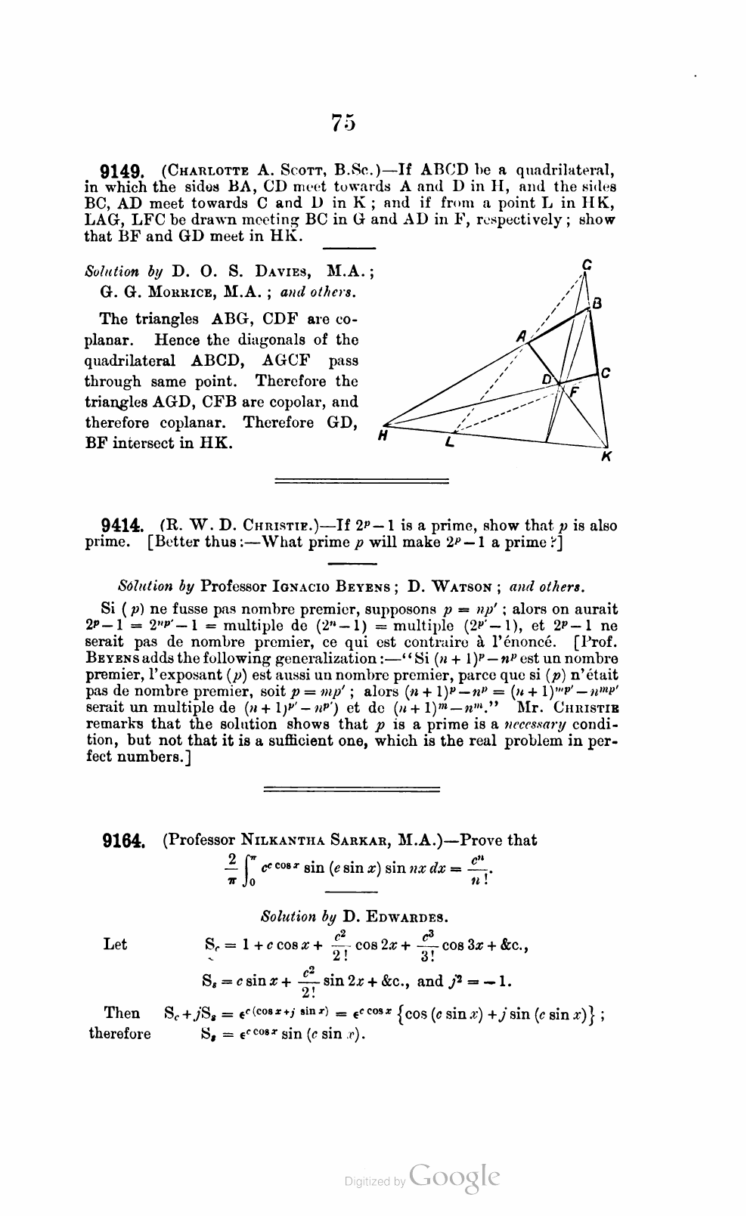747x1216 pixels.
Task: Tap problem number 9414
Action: click(x=122, y=527)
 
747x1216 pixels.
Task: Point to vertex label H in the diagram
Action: click(x=383, y=435)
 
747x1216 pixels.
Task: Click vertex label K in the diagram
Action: click(x=606, y=456)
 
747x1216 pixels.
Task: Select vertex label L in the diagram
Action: click(x=450, y=443)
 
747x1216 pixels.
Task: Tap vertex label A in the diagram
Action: click(x=521, y=337)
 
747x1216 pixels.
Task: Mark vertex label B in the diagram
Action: click(x=597, y=304)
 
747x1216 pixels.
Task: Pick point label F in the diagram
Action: click(x=573, y=392)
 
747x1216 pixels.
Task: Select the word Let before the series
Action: click(x=115, y=944)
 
